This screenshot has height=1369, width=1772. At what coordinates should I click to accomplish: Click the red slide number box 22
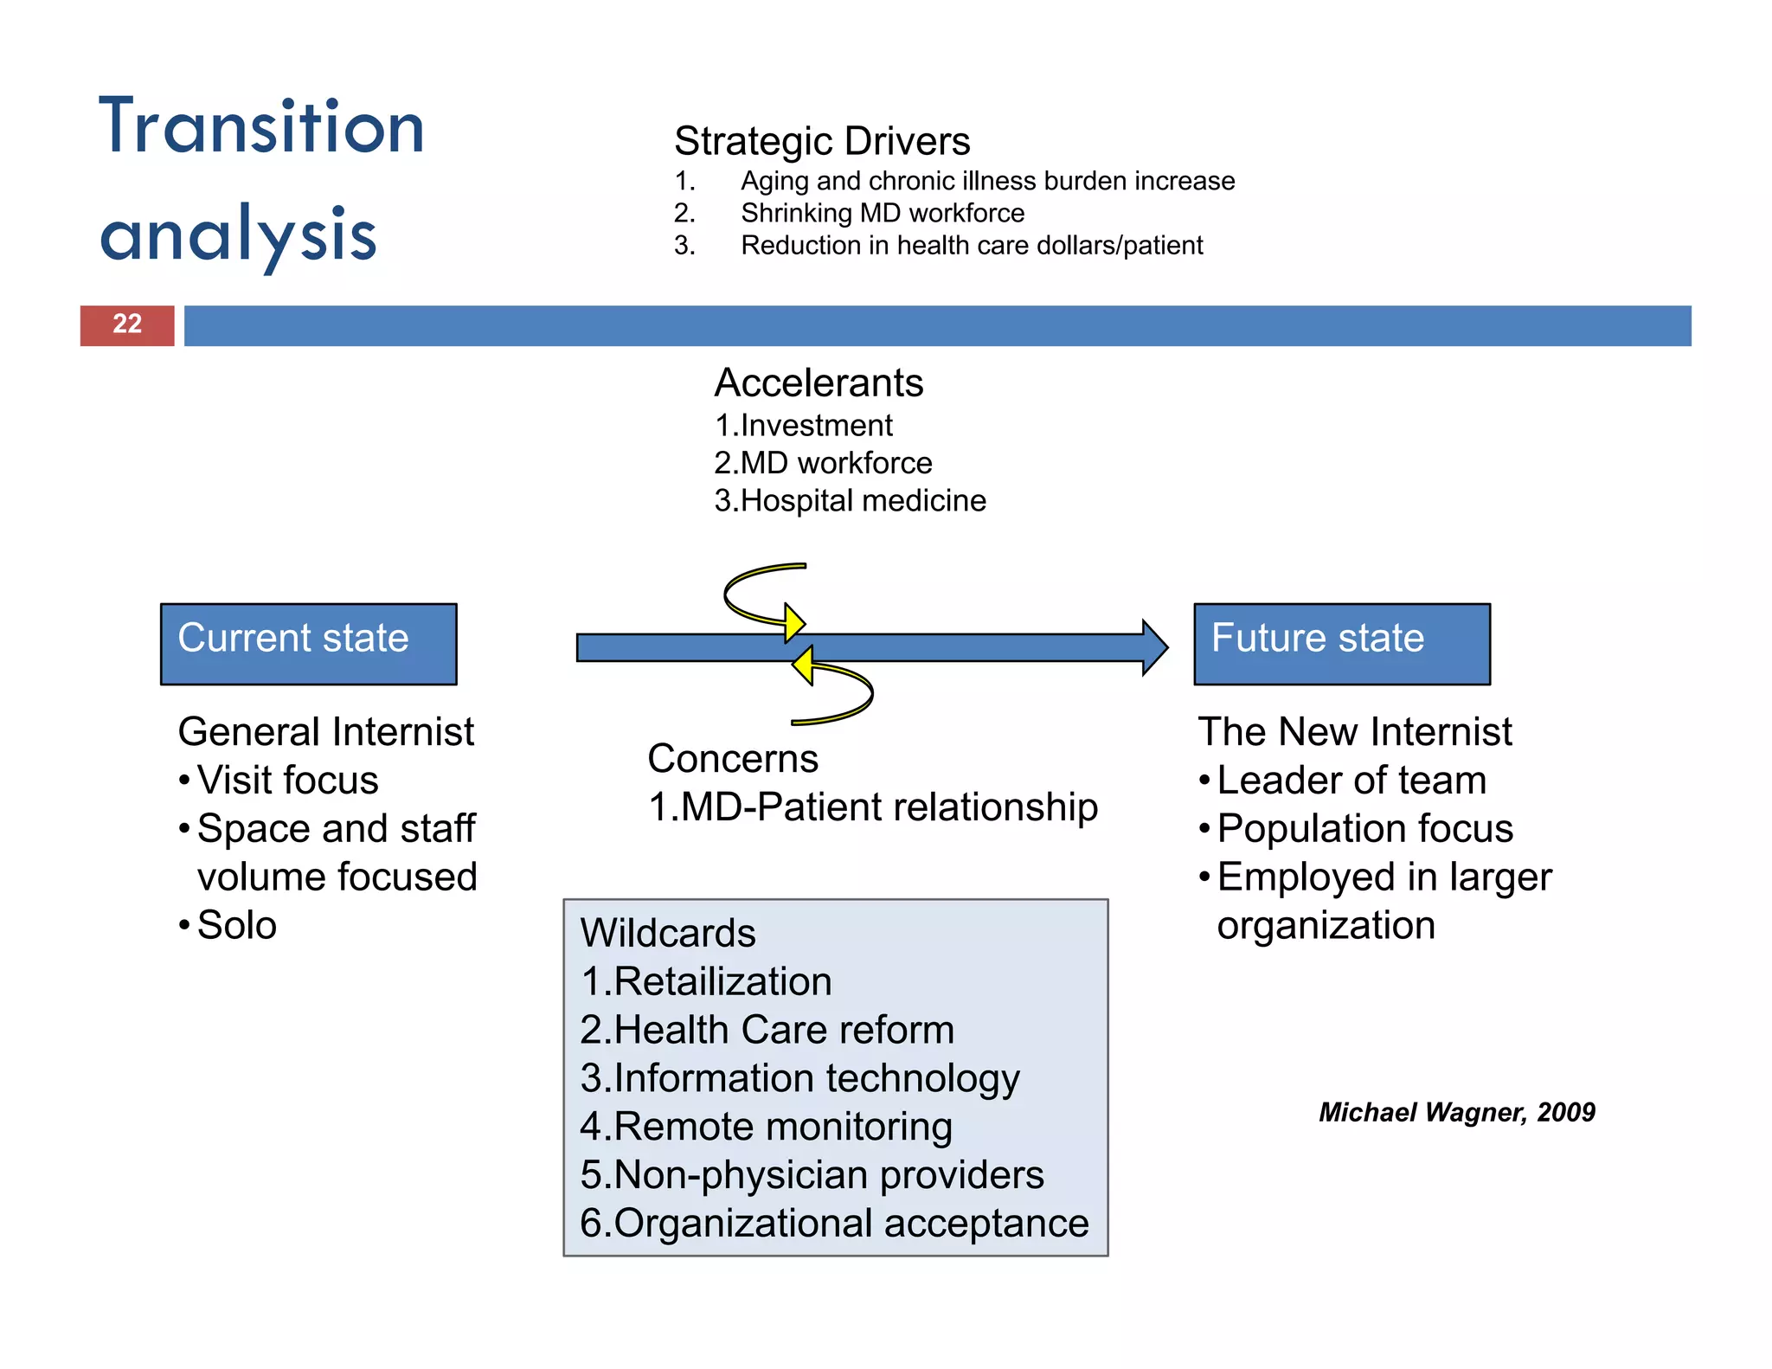[x=127, y=325]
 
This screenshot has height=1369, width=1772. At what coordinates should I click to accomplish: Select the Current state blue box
[x=308, y=643]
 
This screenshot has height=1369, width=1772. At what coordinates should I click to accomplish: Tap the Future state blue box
[x=1341, y=643]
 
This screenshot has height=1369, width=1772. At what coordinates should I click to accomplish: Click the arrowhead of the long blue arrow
[x=1154, y=647]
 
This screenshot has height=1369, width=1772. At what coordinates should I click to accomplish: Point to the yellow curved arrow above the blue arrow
[x=761, y=595]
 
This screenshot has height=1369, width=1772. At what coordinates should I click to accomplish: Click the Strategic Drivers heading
[x=822, y=141]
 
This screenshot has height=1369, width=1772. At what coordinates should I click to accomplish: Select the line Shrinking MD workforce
[x=883, y=213]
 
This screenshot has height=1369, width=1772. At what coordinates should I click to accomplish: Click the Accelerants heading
[x=819, y=382]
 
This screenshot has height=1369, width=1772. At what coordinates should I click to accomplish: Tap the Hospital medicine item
[x=851, y=500]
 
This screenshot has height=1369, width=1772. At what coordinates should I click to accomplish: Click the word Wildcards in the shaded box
[x=668, y=933]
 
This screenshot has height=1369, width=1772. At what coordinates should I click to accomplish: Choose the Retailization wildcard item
[x=707, y=981]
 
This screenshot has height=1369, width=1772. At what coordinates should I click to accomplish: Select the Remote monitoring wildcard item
[x=767, y=1127]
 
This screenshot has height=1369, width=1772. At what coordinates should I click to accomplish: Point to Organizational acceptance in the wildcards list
[x=835, y=1223]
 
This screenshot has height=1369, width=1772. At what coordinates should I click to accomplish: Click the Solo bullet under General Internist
[x=236, y=925]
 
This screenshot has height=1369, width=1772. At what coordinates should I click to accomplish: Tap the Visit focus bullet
[x=287, y=780]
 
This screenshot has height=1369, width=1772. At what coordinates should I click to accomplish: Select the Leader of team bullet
[x=1351, y=780]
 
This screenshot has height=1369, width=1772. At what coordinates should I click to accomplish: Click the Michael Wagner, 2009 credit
[x=1456, y=1112]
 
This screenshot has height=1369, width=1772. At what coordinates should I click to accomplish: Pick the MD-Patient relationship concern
[x=873, y=807]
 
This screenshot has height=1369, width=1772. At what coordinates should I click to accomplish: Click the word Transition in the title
[x=261, y=127]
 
